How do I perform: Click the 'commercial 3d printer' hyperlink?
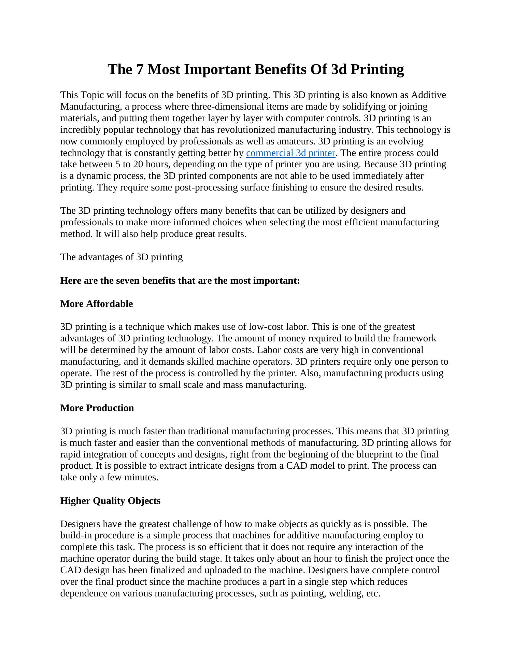click(x=290, y=153)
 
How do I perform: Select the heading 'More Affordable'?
click(x=96, y=304)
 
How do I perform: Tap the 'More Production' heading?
click(x=97, y=408)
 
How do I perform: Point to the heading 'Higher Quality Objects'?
click(x=110, y=500)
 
